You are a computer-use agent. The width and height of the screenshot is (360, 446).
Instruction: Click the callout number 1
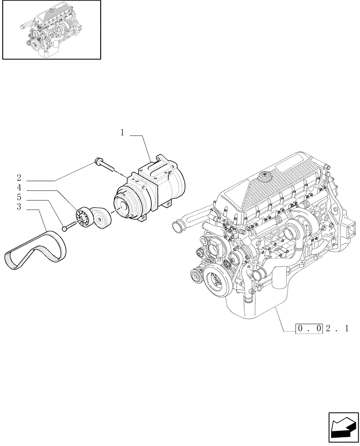pyautogui.click(x=122, y=132)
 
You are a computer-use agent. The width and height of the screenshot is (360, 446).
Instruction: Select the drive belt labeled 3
pyautogui.click(x=36, y=250)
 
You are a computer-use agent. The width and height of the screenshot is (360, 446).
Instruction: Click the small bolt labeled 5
pyautogui.click(x=65, y=228)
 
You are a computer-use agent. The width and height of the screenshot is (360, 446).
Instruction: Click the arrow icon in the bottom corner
pyautogui.click(x=343, y=428)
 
